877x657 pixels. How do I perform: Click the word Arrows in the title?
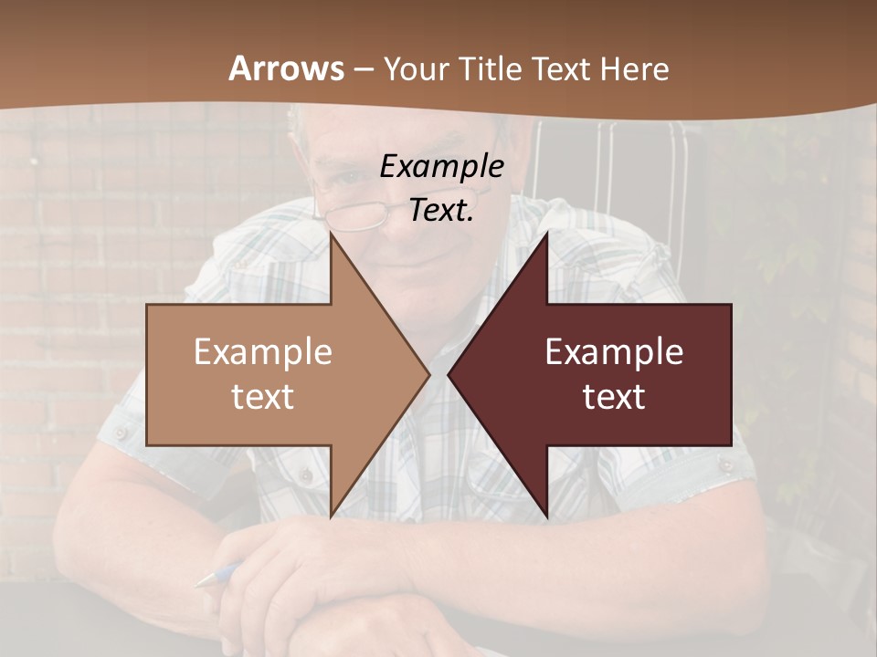[x=286, y=68]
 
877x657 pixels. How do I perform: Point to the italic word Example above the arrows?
[x=441, y=166]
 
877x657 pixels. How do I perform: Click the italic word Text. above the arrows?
[x=441, y=210]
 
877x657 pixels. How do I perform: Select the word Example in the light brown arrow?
[x=263, y=352]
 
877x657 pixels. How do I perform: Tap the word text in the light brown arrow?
[x=263, y=397]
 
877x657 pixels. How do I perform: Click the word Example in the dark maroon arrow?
[x=614, y=352]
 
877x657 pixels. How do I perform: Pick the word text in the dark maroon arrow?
[x=614, y=397]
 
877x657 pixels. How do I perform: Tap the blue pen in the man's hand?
[x=217, y=575]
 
